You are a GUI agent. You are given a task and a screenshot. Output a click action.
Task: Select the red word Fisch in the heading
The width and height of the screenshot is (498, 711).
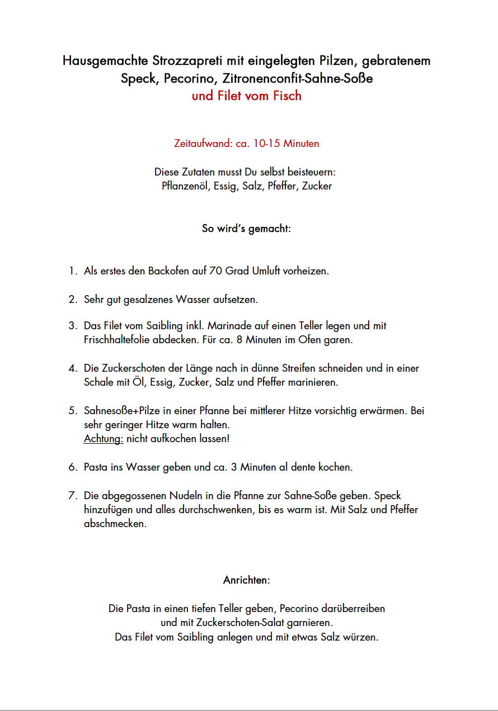287,96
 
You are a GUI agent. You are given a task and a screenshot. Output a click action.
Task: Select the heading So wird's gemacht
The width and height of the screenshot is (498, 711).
246,229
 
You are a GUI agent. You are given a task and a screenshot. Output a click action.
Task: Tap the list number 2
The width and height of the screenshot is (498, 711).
72,300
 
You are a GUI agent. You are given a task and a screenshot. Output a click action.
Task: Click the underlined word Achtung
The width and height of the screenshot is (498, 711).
104,439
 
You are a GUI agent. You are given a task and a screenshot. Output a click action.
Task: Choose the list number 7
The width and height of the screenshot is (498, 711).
72,496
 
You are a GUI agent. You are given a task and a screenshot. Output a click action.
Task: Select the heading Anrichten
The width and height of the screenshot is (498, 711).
246,580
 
